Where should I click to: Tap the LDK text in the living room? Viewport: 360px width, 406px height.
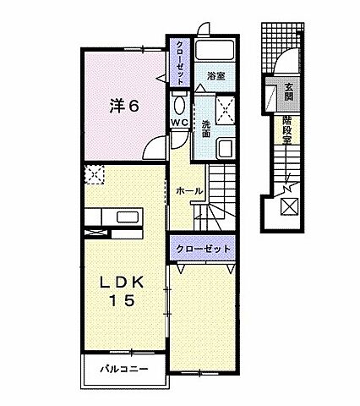click(124, 282)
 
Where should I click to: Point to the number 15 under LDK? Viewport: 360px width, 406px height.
click(124, 300)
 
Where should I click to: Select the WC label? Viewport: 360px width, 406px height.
click(179, 123)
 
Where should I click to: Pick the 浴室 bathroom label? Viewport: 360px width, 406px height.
click(216, 76)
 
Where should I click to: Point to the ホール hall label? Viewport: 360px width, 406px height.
click(188, 191)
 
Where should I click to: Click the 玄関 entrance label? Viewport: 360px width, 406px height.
click(289, 90)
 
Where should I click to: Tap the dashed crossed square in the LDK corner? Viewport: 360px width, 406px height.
click(92, 175)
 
